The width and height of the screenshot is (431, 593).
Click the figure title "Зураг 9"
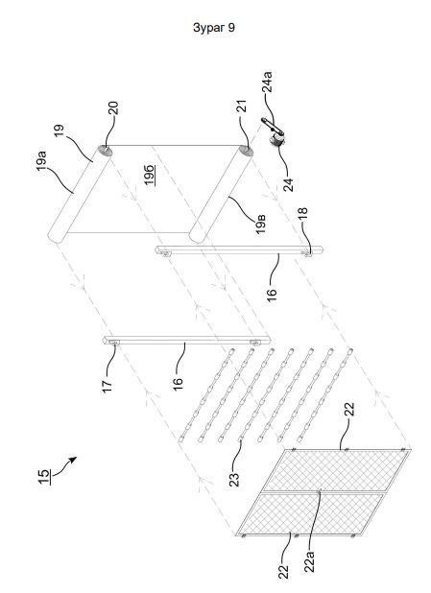[214, 28]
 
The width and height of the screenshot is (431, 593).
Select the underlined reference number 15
[43, 477]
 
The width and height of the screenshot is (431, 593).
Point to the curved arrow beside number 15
[64, 466]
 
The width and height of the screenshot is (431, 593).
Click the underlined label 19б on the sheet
[150, 175]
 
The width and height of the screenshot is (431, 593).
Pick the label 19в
[261, 225]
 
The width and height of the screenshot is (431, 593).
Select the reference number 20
[113, 107]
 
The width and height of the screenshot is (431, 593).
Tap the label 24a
[267, 83]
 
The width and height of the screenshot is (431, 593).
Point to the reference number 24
[288, 184]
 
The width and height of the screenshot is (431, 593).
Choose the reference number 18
[302, 215]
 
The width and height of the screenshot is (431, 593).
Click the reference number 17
[108, 387]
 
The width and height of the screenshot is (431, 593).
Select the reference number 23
[234, 479]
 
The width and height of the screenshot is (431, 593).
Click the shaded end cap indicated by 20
[105, 150]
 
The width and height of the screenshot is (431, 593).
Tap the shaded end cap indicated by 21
[247, 151]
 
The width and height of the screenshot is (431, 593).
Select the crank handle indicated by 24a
[272, 127]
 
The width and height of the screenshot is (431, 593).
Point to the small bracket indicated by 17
[114, 343]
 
